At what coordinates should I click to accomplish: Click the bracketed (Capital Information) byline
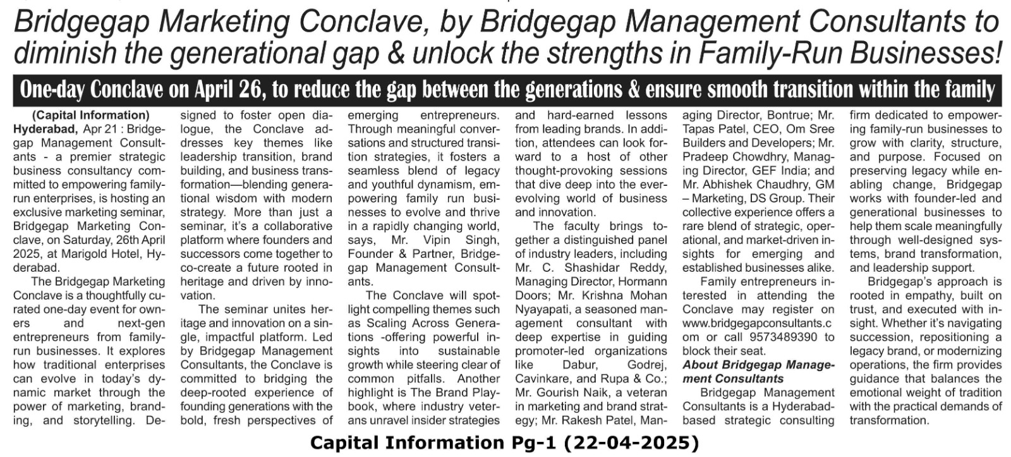90,115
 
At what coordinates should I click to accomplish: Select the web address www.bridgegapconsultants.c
758,323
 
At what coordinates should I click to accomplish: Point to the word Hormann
642,281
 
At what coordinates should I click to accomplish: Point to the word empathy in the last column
924,295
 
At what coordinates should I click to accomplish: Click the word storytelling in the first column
103,420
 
